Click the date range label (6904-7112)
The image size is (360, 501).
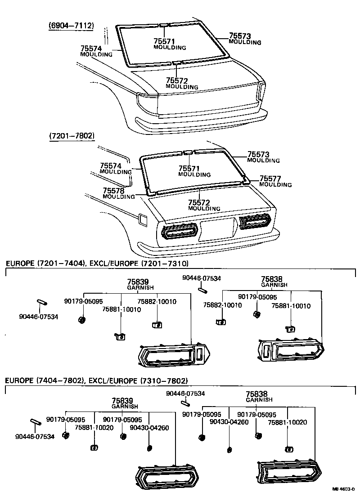[x=71, y=26]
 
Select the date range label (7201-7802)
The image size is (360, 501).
[x=72, y=135]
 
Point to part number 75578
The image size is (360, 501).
[x=114, y=191]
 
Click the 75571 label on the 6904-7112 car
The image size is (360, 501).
[x=164, y=41]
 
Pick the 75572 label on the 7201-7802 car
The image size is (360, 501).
[x=199, y=203]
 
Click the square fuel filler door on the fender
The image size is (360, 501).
[x=144, y=219]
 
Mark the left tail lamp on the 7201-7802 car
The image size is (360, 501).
[x=179, y=231]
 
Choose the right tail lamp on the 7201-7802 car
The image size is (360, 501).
[x=255, y=222]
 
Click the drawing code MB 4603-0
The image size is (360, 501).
[x=344, y=488]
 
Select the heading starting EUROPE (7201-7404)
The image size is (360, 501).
[x=97, y=263]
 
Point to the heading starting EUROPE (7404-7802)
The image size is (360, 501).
[x=96, y=381]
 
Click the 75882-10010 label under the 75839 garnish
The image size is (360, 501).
[x=157, y=301]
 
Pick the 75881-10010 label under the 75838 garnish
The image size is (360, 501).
[x=291, y=306]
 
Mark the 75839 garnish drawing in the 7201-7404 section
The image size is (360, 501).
[x=173, y=355]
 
